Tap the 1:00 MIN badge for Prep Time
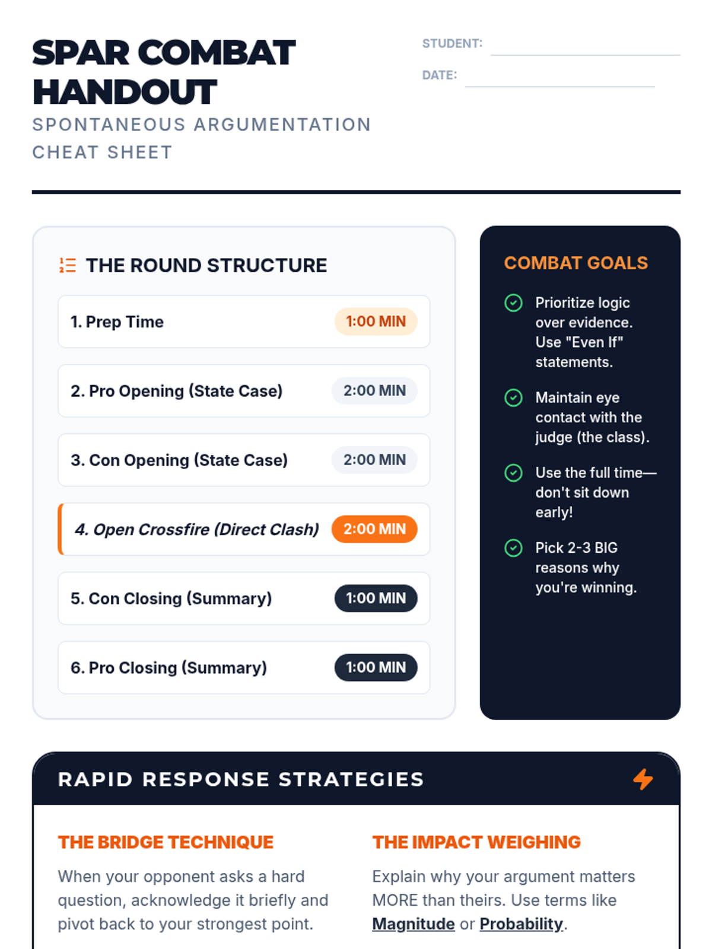376,321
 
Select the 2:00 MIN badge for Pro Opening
374,391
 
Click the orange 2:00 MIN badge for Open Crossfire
374,529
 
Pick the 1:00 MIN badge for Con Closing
376,598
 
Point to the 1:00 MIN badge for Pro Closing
376,667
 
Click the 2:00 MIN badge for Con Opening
374,460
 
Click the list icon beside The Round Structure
68,265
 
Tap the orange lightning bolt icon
643,779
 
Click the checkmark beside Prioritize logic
513,303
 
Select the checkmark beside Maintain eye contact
513,397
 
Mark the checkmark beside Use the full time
513,473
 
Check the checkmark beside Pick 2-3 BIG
513,548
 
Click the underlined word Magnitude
414,924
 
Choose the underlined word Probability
521,924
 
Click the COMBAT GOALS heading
576,263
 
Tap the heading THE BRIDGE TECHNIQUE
166,842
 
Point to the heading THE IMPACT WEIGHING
476,842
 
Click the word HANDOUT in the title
125,93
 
